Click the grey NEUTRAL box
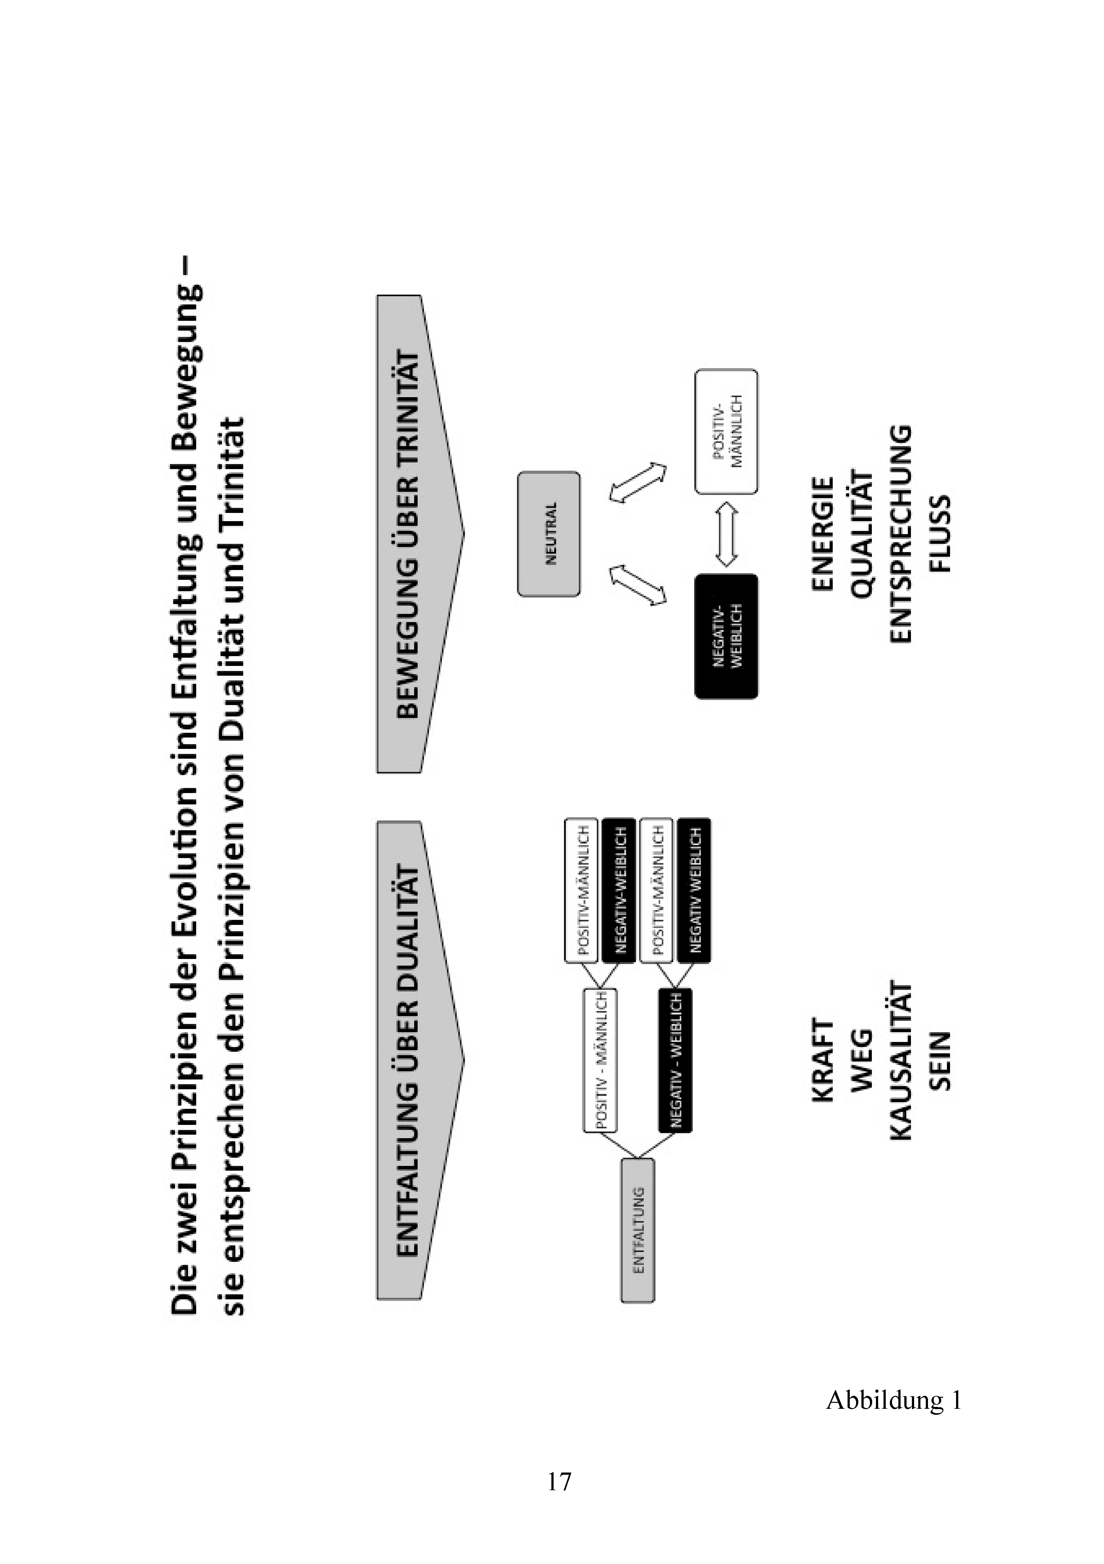coord(549,534)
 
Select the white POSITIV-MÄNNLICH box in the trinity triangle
coord(726,431)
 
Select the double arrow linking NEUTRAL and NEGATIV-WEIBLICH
coord(637,585)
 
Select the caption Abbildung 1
coord(894,1400)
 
